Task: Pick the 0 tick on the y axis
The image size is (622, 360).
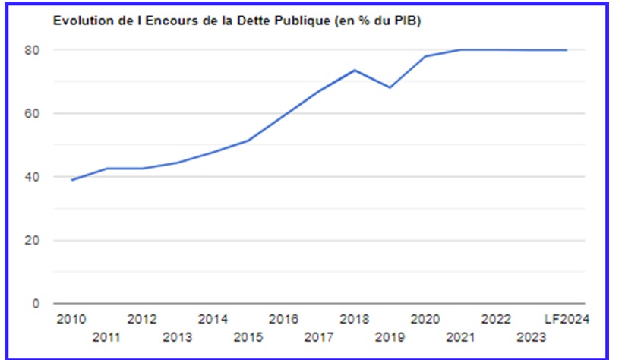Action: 60,304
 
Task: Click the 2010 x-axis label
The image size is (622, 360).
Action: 71,318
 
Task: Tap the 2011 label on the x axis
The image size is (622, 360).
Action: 107,336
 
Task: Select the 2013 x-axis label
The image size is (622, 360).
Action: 178,336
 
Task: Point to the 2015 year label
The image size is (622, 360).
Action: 248,336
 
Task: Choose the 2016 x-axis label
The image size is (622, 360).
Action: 283,318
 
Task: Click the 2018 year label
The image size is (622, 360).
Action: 355,318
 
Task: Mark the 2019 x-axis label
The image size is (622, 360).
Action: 390,336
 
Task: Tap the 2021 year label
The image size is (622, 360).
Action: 460,336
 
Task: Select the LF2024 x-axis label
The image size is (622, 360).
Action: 568,318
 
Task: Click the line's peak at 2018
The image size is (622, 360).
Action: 355,70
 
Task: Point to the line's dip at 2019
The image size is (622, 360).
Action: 390,87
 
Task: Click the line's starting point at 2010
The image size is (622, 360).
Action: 71,180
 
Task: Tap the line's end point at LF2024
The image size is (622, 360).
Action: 567,50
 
